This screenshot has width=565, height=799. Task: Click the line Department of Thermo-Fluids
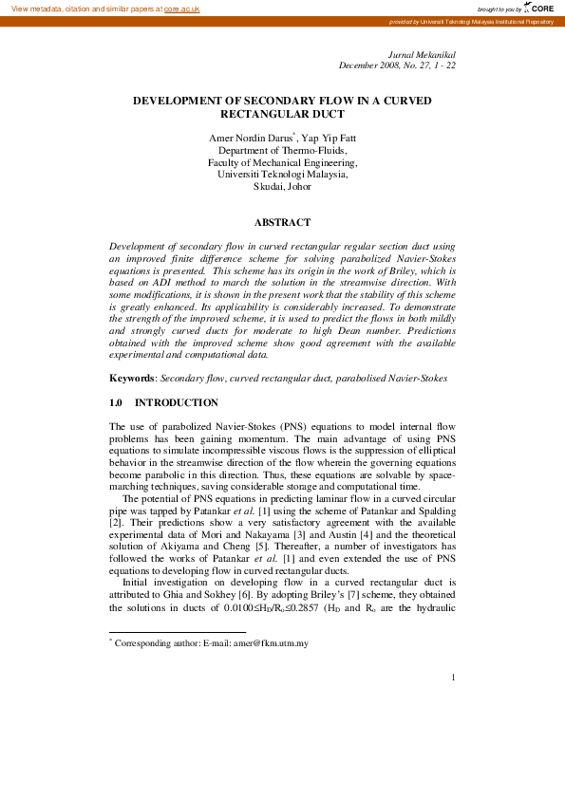282,151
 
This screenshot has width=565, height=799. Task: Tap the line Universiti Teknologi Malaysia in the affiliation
282,175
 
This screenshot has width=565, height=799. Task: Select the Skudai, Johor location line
282,187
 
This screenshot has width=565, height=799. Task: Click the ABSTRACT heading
282,222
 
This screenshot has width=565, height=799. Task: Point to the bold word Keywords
132,379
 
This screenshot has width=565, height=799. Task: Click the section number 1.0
118,403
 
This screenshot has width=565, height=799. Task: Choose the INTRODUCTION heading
177,403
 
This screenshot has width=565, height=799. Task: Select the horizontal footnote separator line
178,631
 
